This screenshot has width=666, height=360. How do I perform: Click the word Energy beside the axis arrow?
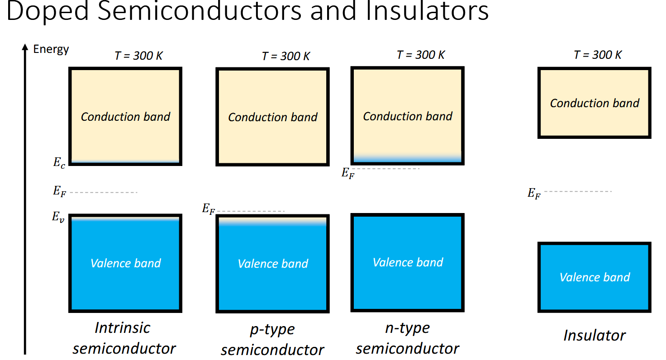(x=51, y=49)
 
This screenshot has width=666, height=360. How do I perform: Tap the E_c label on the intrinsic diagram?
(x=59, y=163)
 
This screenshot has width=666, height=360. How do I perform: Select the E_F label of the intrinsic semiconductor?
(x=59, y=191)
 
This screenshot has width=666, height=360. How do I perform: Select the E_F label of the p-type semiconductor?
(x=208, y=209)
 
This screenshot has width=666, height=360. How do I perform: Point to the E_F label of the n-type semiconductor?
(x=348, y=173)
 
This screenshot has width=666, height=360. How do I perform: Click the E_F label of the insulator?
(x=534, y=194)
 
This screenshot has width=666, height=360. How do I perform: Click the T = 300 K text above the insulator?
(x=598, y=55)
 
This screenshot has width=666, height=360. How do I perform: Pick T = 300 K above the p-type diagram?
(x=286, y=57)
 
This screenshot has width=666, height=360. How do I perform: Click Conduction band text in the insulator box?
(x=595, y=103)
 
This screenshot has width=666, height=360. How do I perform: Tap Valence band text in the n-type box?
(x=408, y=262)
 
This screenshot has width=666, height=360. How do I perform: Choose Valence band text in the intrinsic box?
(x=125, y=263)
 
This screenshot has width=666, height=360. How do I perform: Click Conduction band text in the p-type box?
(x=273, y=117)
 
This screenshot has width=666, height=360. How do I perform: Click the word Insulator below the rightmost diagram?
(x=594, y=335)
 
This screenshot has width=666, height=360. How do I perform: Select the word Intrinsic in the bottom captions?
(x=122, y=327)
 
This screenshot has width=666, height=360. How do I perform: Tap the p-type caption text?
(x=272, y=329)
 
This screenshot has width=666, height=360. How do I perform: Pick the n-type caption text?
(x=407, y=328)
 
